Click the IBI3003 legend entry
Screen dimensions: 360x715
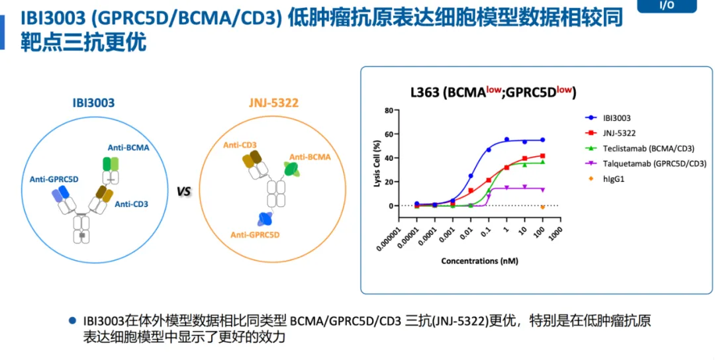coord(616,118)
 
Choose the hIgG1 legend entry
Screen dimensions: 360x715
coord(612,178)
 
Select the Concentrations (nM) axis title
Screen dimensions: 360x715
coord(479,261)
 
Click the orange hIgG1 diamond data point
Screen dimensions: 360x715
coord(542,206)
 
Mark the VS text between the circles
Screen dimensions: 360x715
coord(183,192)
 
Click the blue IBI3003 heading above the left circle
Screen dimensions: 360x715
coord(93,103)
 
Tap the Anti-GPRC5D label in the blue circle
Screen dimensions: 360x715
coord(54,179)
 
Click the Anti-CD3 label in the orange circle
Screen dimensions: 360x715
coord(240,144)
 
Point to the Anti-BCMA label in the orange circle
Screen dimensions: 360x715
coord(309,157)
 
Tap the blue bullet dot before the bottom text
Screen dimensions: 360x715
coord(72,320)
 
